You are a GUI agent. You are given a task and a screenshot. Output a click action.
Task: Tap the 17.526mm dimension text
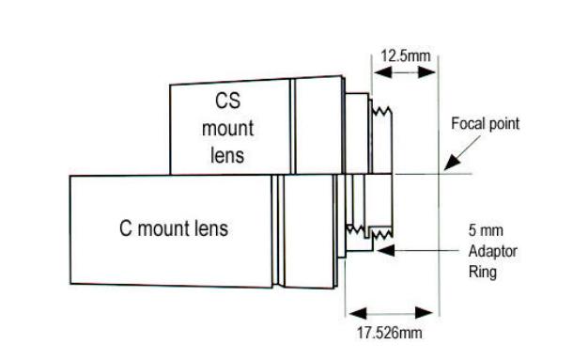(x=391, y=331)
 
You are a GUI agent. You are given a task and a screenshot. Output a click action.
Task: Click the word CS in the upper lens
(x=229, y=101)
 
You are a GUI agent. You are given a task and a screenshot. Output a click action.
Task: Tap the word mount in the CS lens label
(x=228, y=128)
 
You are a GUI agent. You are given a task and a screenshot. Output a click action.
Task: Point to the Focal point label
(x=485, y=124)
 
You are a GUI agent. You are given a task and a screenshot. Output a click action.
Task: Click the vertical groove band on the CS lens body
(x=292, y=126)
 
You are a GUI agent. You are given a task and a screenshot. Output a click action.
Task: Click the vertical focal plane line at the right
(x=439, y=188)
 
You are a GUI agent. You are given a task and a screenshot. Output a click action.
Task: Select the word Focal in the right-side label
(x=467, y=124)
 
